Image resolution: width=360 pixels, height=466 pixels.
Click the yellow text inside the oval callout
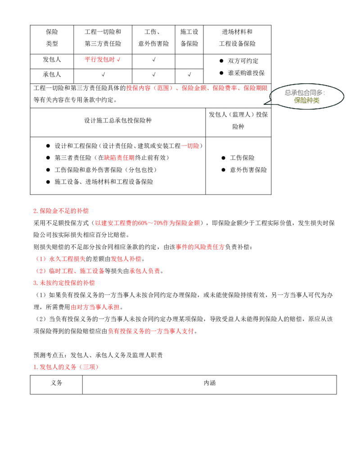tap(306, 101)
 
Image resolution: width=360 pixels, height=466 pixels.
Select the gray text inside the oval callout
tap(306, 93)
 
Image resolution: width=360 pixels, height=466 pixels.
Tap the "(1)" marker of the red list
tap(41, 259)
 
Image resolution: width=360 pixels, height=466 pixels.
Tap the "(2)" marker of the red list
tap(41, 271)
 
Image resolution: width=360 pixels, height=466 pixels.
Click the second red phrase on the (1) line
tap(126, 259)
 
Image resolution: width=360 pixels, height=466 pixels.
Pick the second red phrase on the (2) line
tap(145, 271)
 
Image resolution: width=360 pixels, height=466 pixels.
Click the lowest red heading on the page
tap(66, 367)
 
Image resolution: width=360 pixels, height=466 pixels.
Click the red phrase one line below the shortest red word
tap(119, 158)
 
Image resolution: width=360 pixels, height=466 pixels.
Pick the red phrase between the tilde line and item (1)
tap(200, 247)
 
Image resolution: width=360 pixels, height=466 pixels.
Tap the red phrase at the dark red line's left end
tap(95, 308)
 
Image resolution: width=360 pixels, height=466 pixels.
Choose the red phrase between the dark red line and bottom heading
tap(151, 331)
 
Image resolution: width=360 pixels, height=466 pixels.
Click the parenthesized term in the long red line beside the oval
tap(163, 89)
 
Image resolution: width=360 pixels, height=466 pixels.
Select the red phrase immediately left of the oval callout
tap(256, 89)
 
